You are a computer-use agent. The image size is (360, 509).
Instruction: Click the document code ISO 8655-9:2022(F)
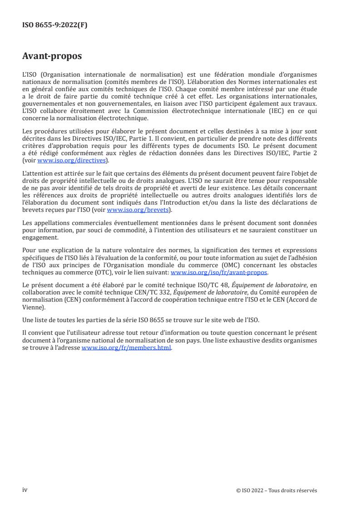coord(55,25)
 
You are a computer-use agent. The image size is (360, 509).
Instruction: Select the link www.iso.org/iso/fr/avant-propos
coord(219,272)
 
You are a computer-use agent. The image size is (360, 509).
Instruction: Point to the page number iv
coord(25,489)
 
